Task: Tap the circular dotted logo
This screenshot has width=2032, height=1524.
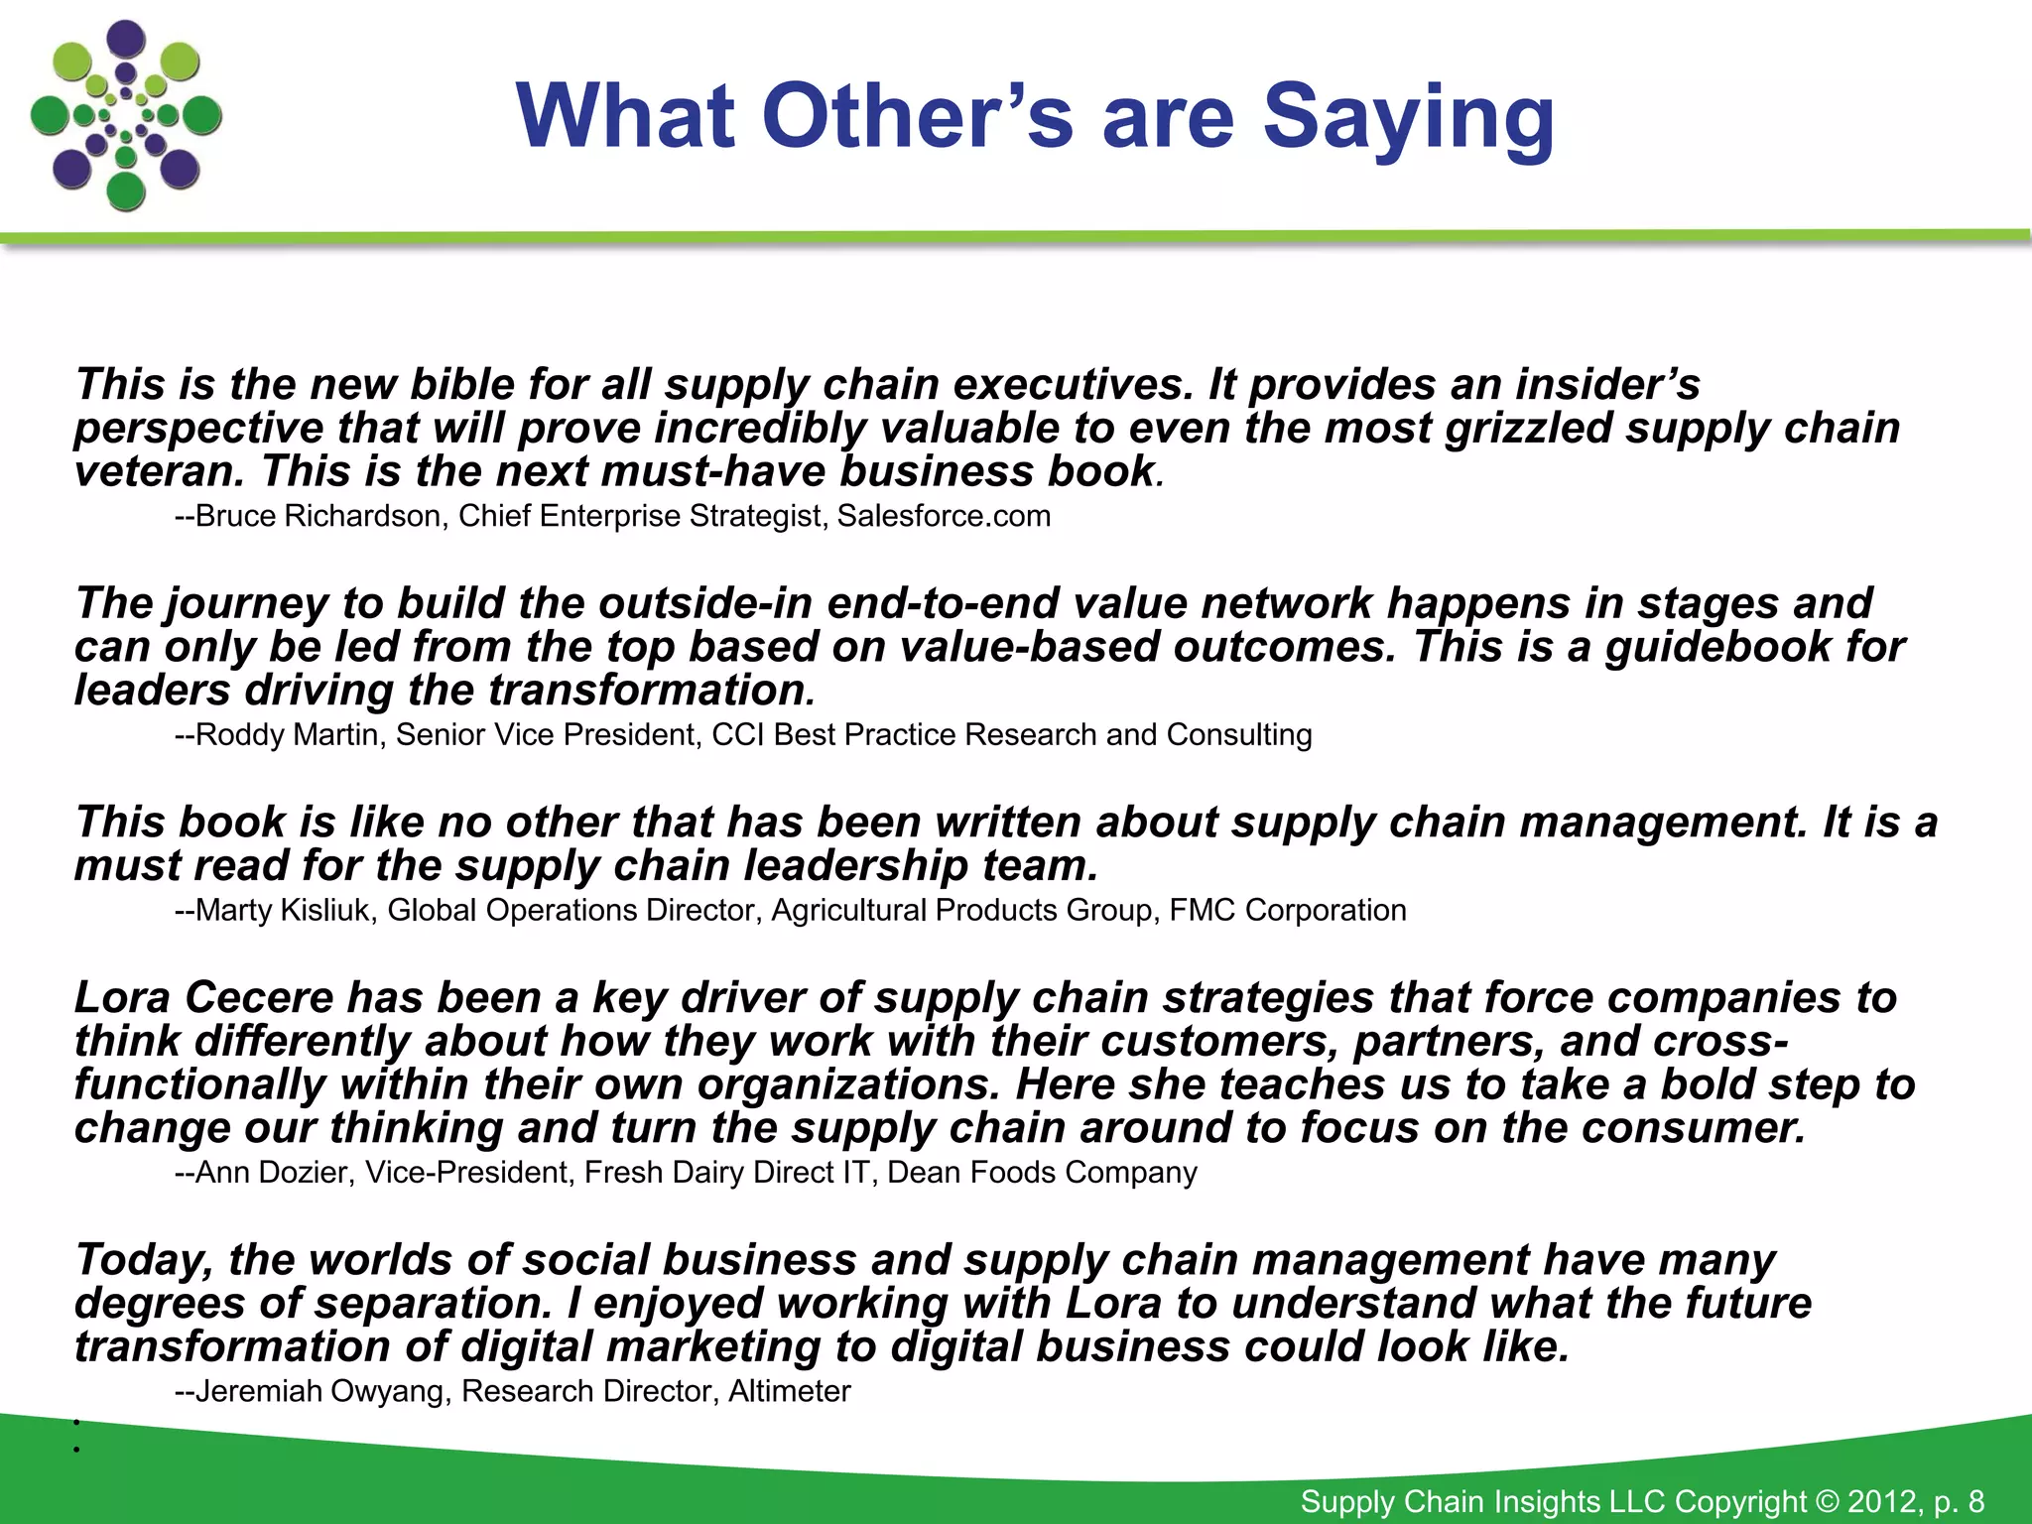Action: (126, 115)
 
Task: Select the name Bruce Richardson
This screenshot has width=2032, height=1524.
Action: (317, 516)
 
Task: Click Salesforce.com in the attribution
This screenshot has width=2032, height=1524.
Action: (944, 516)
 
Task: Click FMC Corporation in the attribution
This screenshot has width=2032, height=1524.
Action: (1288, 911)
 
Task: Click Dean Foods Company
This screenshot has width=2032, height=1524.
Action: (1042, 1173)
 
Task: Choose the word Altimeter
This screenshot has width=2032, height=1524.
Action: (790, 1391)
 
